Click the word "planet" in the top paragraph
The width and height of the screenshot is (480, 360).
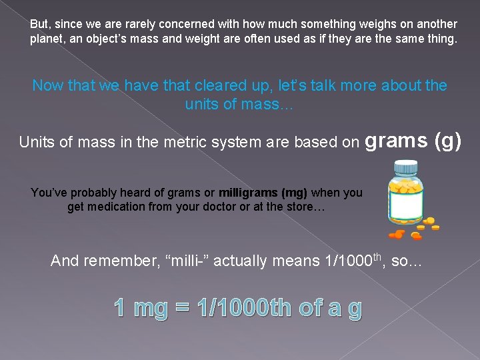coord(46,39)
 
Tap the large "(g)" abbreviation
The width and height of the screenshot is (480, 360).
coord(447,140)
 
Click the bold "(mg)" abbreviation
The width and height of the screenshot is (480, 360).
coord(295,193)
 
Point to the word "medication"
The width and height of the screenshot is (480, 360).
coord(123,207)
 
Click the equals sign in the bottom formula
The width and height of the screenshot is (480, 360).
coord(181,308)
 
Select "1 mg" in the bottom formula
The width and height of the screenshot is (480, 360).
coord(140,308)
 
